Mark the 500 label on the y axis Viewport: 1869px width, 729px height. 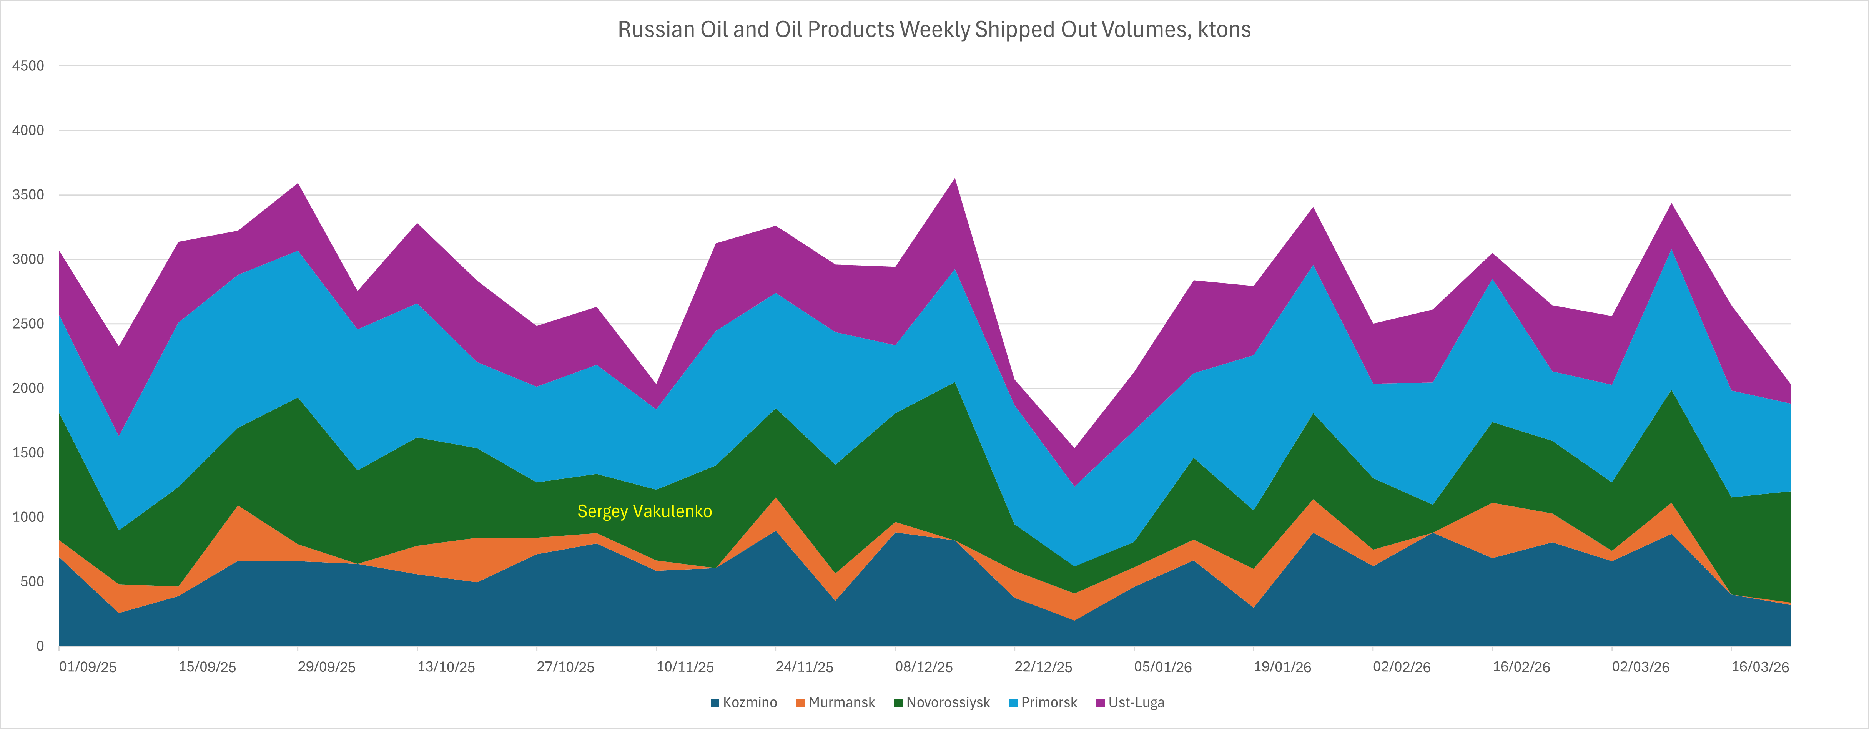pyautogui.click(x=32, y=582)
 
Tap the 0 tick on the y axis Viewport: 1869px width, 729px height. pyautogui.click(x=40, y=646)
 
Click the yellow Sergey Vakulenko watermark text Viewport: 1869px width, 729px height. pyautogui.click(x=644, y=511)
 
